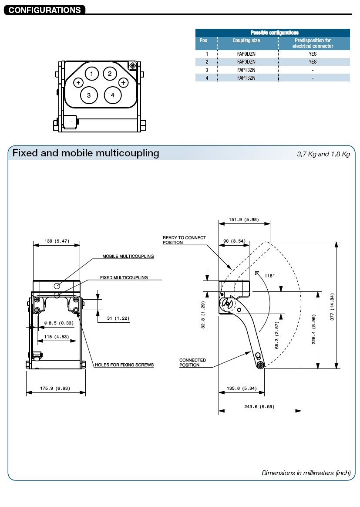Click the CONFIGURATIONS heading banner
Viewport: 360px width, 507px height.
click(44, 10)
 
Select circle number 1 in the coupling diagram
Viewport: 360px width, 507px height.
click(91, 74)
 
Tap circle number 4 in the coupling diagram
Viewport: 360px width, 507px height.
click(112, 95)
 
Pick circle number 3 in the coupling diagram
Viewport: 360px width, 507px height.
click(89, 95)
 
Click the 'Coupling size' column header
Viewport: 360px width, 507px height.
click(246, 41)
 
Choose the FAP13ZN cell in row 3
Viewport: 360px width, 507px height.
click(246, 70)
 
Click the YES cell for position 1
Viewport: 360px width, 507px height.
click(313, 54)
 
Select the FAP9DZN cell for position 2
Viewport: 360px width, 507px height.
click(246, 62)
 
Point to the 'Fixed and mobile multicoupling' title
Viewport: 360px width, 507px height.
click(86, 153)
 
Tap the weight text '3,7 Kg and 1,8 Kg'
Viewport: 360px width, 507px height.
click(323, 154)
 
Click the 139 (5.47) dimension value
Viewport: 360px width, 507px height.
click(57, 241)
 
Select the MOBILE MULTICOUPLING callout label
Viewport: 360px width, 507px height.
click(128, 257)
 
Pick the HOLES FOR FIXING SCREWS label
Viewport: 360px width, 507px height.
click(124, 365)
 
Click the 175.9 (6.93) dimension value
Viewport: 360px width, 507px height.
click(56, 388)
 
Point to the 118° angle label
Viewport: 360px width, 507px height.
click(270, 276)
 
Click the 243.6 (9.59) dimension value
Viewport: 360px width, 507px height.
click(259, 407)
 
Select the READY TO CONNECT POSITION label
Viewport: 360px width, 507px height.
click(184, 240)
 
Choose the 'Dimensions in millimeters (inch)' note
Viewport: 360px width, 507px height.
click(306, 473)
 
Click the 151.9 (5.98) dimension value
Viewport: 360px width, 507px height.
click(244, 220)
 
